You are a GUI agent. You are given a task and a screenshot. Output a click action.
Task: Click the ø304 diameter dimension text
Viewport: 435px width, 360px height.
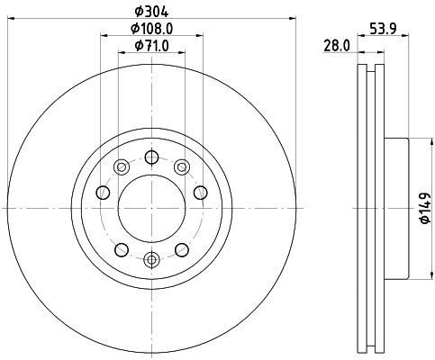[x=150, y=12]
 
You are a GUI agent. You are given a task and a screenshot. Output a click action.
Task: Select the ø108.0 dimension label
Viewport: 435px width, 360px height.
[x=150, y=29]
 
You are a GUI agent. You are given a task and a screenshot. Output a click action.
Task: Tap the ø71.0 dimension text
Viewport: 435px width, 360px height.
[x=150, y=45]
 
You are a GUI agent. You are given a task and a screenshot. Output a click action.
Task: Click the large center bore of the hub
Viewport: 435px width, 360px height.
[x=151, y=209]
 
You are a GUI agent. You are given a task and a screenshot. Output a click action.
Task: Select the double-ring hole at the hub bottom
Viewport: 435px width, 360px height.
[x=151, y=262]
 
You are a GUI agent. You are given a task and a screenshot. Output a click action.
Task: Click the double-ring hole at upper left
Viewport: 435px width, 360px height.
[x=121, y=164]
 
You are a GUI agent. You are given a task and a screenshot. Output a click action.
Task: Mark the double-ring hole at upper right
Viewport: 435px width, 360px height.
[x=182, y=164]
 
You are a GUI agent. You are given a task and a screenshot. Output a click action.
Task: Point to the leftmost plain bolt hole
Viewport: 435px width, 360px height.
[x=101, y=192]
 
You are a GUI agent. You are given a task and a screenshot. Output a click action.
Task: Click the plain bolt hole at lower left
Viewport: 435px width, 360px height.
[x=121, y=248]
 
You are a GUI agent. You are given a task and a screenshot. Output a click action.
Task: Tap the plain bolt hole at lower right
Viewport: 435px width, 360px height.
[x=182, y=248]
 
